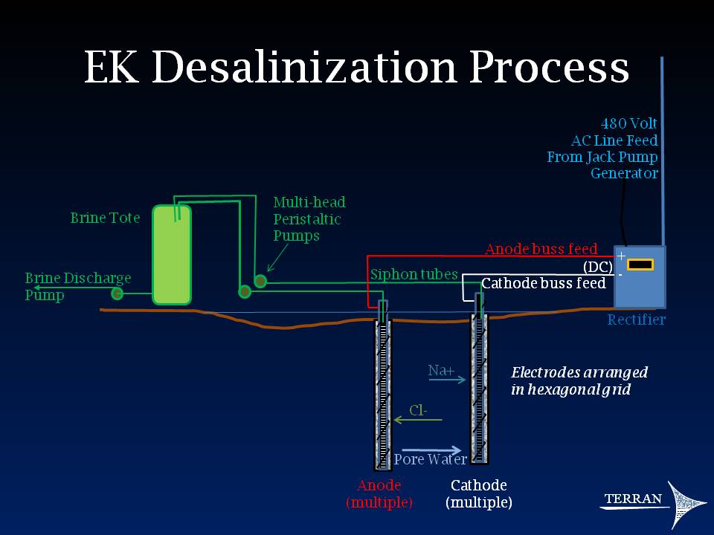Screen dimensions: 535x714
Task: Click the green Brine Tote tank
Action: (x=172, y=254)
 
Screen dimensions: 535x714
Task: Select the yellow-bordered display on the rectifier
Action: (x=640, y=265)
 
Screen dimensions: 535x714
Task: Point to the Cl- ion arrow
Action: (x=417, y=421)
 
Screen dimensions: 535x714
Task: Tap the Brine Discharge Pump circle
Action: (x=117, y=294)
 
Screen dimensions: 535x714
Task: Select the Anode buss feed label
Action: (x=541, y=249)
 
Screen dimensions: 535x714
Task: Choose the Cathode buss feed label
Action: (x=543, y=283)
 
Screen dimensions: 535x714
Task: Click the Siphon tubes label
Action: (x=414, y=274)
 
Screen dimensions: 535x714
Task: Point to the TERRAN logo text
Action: (x=632, y=499)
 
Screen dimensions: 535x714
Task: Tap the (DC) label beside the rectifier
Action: (x=597, y=267)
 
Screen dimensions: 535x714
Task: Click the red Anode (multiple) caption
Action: (x=379, y=494)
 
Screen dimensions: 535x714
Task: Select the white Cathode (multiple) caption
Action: (x=479, y=494)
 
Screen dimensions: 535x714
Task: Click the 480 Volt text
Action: (x=628, y=123)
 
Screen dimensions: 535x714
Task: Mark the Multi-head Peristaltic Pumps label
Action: (x=309, y=218)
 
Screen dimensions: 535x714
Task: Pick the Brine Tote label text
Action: (x=105, y=218)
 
